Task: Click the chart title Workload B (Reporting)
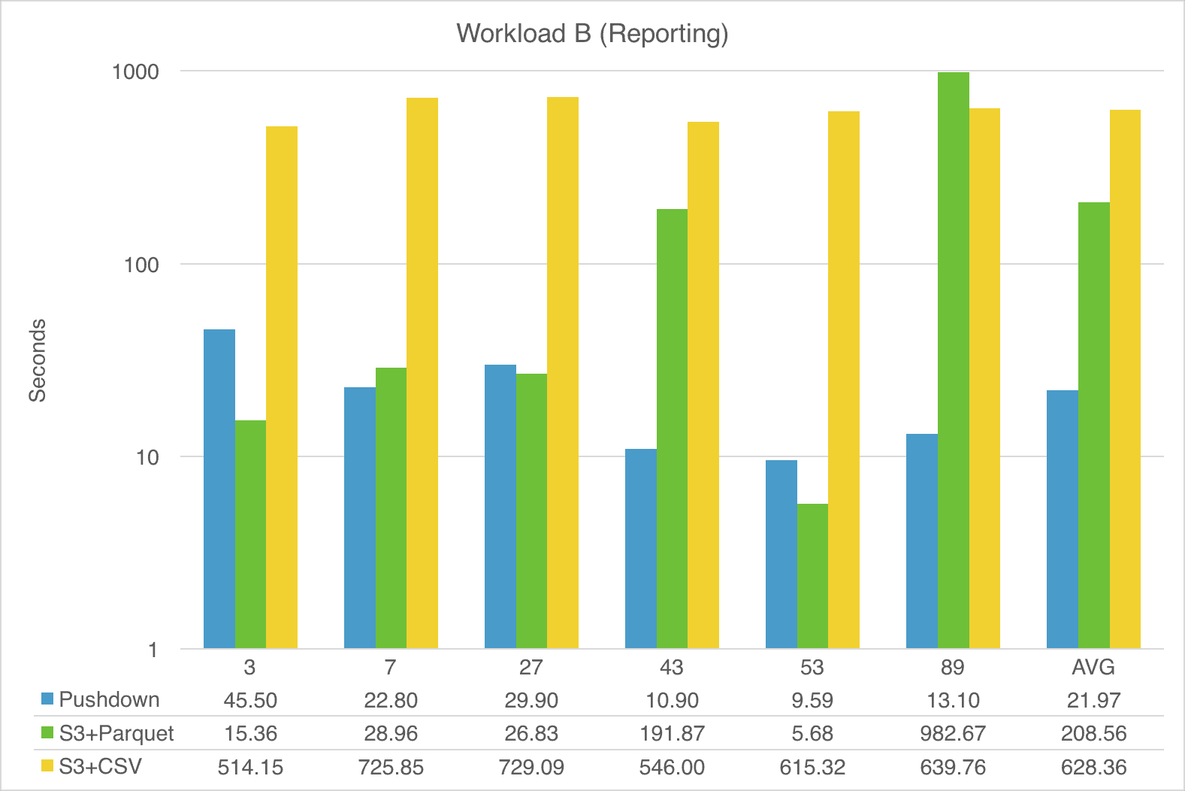coord(592,34)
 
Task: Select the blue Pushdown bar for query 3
coord(219,489)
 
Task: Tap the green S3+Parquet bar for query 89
coord(953,361)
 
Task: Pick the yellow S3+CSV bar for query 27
coord(563,373)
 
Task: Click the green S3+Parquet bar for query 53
coord(812,576)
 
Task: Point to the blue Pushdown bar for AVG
coord(1062,519)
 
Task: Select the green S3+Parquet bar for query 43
coord(672,429)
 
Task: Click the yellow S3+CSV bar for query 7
coord(422,373)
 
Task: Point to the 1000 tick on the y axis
coord(136,72)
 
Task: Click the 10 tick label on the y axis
coord(147,457)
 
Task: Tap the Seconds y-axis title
coord(38,360)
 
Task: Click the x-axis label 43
coord(672,668)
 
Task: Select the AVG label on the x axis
coord(1093,668)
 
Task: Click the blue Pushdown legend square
coord(48,699)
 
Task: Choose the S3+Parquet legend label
coord(116,733)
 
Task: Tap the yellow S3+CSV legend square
coord(48,766)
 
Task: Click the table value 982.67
coord(953,733)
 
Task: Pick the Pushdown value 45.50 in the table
coord(250,700)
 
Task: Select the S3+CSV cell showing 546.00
coord(672,767)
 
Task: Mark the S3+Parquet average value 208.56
coord(1093,733)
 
